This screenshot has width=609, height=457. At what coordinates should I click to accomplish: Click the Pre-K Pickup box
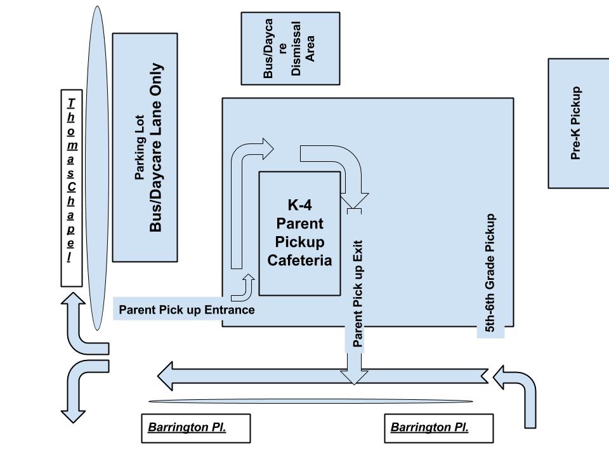578,123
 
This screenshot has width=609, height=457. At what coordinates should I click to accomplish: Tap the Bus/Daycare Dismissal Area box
290,48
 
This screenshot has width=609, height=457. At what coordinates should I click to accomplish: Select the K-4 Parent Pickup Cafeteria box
299,233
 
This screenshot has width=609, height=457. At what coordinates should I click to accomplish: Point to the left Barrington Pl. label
187,428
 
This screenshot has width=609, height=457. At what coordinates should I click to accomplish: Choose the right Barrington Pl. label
429,428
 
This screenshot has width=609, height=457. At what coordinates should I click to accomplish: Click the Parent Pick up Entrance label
187,310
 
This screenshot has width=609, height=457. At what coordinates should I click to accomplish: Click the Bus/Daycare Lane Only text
156,147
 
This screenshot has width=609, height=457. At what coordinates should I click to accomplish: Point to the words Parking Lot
140,147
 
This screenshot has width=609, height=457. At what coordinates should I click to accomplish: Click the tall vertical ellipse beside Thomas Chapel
98,168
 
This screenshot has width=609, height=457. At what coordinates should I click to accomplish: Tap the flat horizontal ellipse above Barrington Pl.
311,401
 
